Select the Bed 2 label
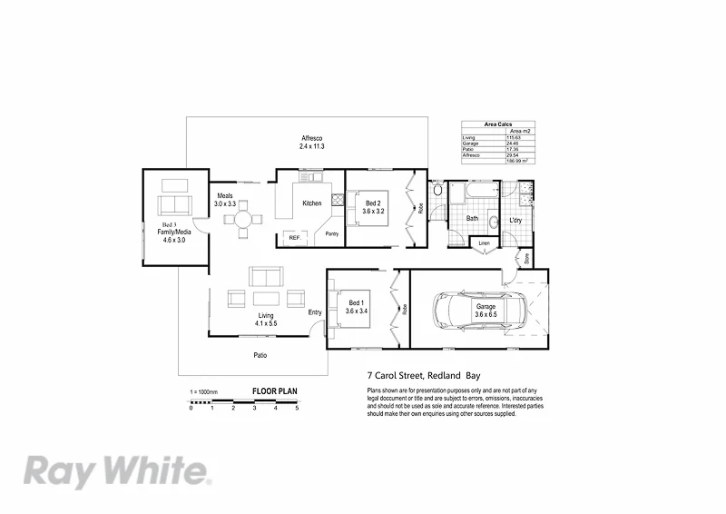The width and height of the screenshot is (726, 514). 374,205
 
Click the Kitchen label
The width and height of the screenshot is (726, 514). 312,203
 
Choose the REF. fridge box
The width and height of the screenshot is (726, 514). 294,237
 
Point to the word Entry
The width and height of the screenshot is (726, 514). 314,313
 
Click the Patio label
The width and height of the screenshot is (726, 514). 260,355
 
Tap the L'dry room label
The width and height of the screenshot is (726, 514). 515,221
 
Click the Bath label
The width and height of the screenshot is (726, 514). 472,219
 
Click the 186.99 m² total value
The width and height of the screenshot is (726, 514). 520,161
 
